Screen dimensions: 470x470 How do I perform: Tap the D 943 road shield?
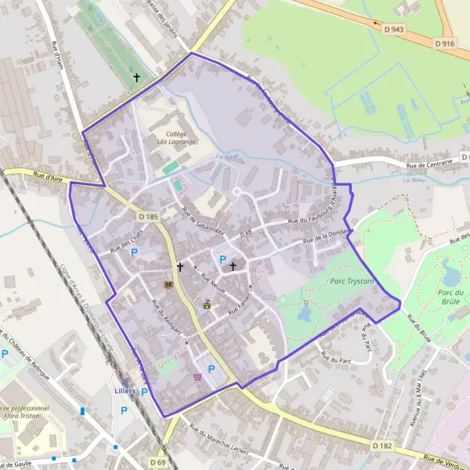[394, 29]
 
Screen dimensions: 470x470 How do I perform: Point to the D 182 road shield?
[381, 446]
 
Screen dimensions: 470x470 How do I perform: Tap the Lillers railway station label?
[125, 390]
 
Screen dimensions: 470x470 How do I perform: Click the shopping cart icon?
[197, 377]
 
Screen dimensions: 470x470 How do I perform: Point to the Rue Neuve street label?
[213, 281]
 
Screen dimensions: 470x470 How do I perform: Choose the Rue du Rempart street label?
[166, 318]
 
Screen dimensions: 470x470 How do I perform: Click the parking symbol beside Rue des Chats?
[134, 252]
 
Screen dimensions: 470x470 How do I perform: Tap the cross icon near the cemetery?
[138, 78]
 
